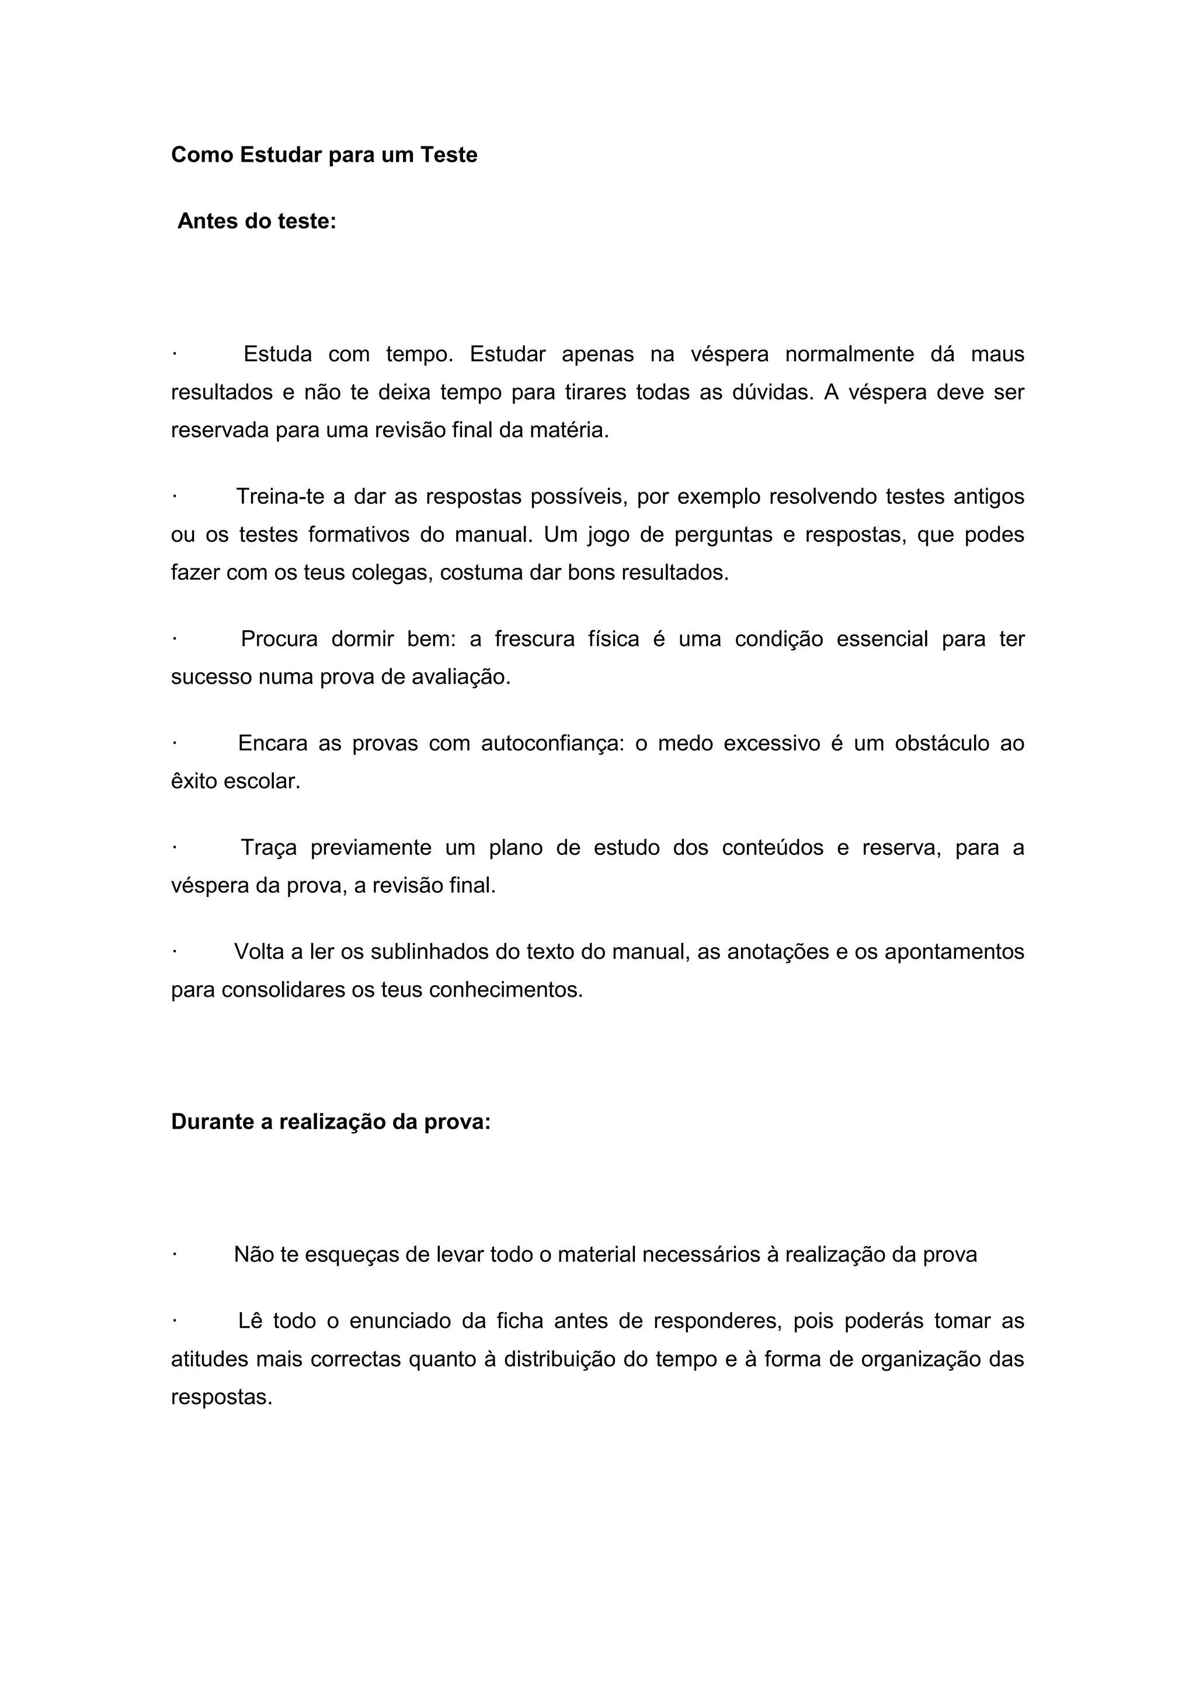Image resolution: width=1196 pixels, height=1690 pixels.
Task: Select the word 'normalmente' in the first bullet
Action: [849, 355]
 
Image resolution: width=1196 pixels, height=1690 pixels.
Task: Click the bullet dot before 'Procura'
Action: [175, 639]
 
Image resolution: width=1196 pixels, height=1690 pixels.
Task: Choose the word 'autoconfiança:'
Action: [552, 743]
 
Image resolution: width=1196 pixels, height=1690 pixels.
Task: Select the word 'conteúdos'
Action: [773, 848]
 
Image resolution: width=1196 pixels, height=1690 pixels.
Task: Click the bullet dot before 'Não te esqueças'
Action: [175, 1255]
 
